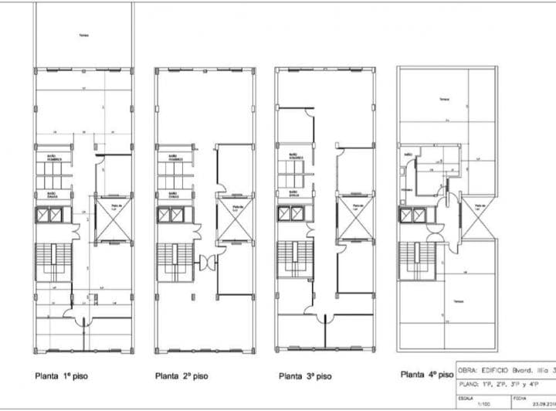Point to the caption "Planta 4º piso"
[x=427, y=375]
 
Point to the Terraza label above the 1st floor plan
[x=83, y=34]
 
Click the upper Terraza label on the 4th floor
[x=443, y=100]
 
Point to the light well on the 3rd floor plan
[x=351, y=218]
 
